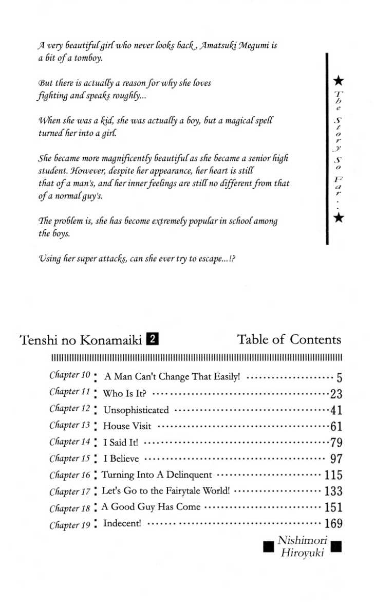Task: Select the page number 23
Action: tap(336, 394)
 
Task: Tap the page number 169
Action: tap(333, 524)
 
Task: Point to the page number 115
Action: tap(333, 476)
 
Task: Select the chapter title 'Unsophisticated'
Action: tap(136, 410)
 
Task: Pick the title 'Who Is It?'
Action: tap(125, 394)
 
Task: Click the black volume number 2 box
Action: tap(152, 339)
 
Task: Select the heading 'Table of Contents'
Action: tap(289, 339)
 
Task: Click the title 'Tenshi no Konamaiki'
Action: tap(81, 340)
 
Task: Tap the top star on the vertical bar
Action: tap(339, 80)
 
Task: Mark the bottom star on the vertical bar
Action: tap(339, 218)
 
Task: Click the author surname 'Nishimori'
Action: tap(302, 540)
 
